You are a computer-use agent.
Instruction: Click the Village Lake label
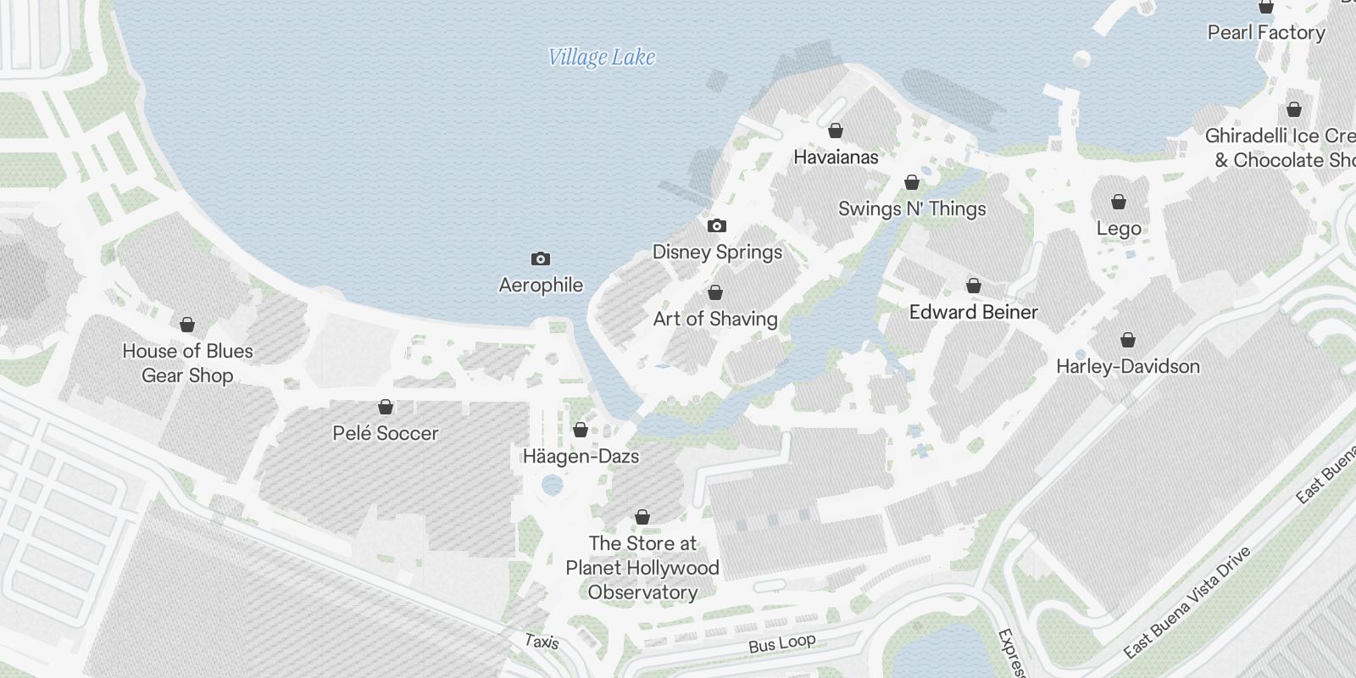pos(602,58)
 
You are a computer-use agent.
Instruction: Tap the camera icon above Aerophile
pos(541,258)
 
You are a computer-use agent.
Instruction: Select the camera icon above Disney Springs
pos(717,225)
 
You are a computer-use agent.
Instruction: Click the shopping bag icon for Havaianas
pos(836,131)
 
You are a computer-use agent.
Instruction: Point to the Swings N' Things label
pos(912,208)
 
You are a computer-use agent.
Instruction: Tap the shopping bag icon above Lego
pos(1119,202)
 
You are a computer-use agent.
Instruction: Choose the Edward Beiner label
pos(973,312)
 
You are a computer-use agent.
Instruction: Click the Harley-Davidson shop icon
pos(1128,340)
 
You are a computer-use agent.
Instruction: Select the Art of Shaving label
pos(715,319)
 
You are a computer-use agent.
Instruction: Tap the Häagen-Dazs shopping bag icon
pos(581,430)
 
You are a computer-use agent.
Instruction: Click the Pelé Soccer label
pos(386,433)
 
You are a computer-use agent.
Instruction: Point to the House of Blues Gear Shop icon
pos(187,325)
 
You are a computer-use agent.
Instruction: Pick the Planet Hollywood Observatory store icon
pos(642,517)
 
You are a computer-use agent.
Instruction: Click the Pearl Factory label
pos(1266,32)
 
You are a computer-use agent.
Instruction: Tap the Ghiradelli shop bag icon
pos(1294,109)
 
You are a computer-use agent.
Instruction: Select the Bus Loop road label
pos(781,643)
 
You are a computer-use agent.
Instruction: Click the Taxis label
pos(542,642)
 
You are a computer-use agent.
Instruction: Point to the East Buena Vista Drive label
pos(1186,603)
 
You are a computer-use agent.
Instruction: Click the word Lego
pos(1119,229)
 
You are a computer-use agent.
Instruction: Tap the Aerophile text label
pos(541,285)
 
